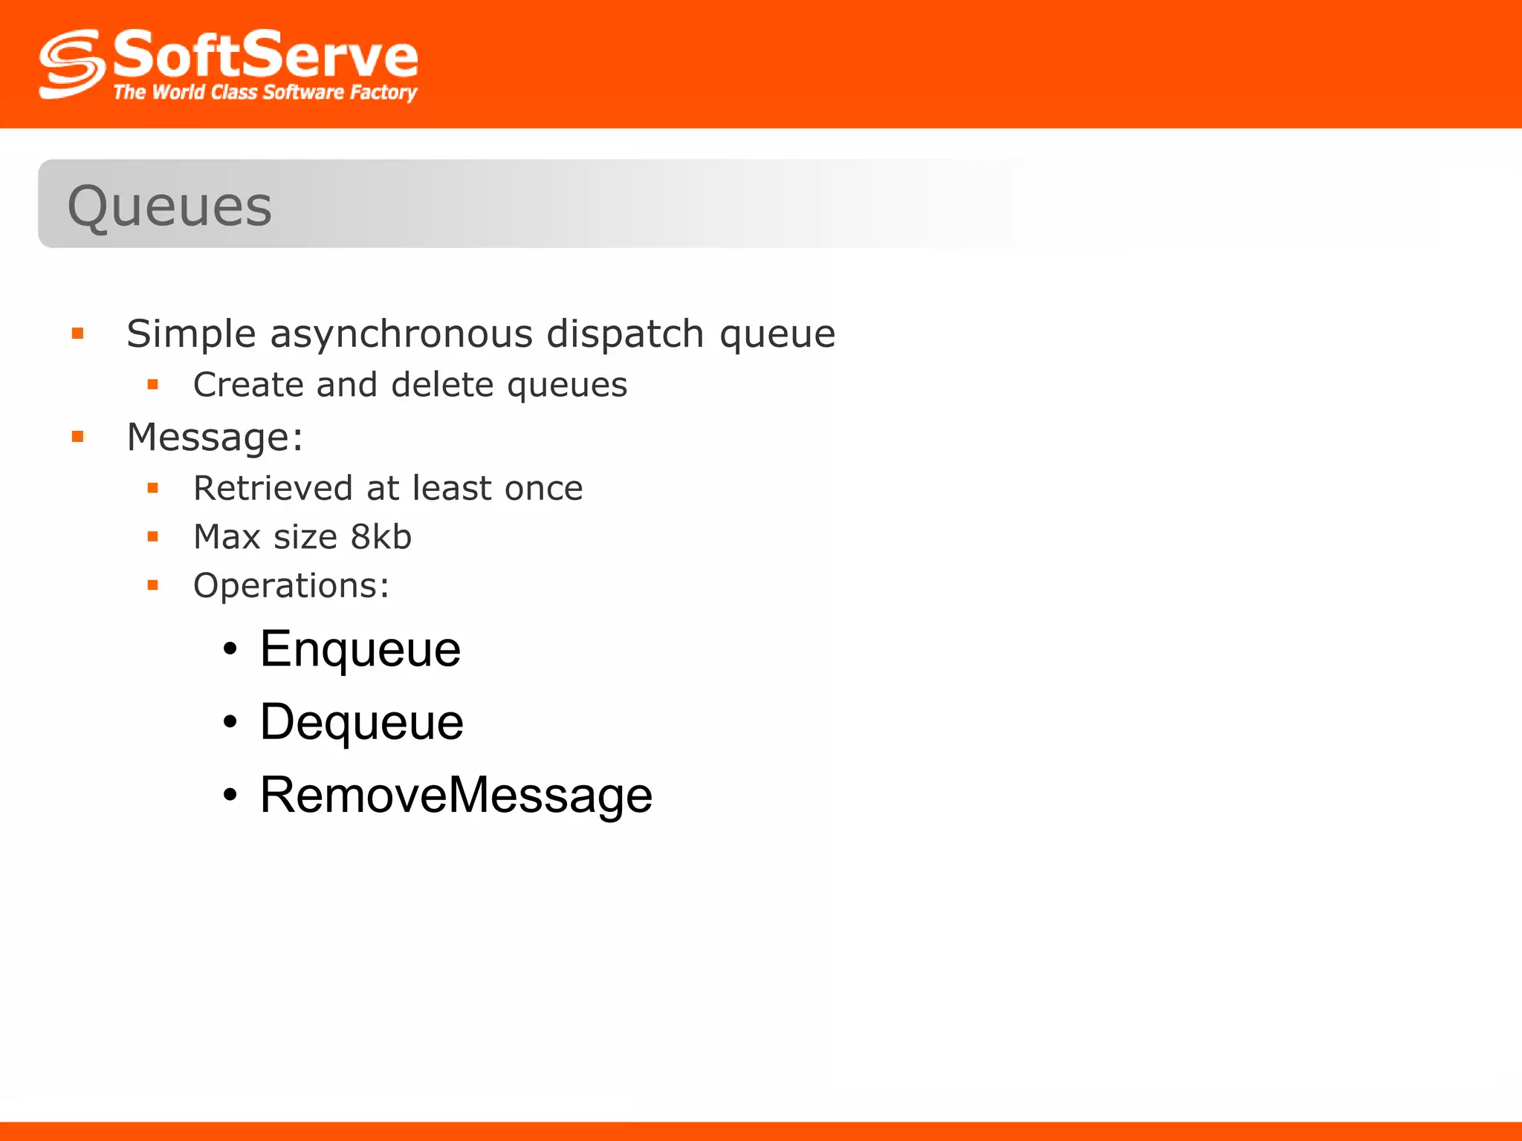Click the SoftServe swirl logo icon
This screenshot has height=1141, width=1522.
(71, 64)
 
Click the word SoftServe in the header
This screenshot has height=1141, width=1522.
(265, 55)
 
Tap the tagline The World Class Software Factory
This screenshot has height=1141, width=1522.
(265, 92)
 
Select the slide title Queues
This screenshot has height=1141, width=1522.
(169, 206)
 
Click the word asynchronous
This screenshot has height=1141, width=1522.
(401, 334)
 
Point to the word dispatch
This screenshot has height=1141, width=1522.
(625, 334)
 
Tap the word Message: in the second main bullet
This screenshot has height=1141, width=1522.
(215, 437)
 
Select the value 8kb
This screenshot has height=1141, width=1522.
(380, 536)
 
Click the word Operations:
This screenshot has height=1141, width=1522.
(291, 585)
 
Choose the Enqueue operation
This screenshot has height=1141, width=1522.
(360, 649)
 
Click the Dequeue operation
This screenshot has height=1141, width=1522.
(362, 722)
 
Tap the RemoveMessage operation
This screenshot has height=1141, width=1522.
(456, 795)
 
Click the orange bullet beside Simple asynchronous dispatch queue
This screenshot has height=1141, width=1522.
(78, 334)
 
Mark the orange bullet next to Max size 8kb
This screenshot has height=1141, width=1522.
(153, 536)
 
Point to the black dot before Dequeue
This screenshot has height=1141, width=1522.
(230, 722)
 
